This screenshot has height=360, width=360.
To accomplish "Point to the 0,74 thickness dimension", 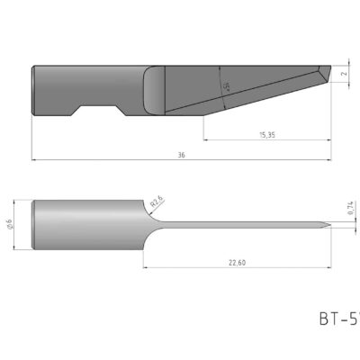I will pyautogui.click(x=349, y=209).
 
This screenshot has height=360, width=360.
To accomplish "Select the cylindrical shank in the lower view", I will pyautogui.click(x=85, y=224).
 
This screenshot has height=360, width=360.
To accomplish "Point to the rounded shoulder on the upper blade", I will pyautogui.click(x=154, y=90).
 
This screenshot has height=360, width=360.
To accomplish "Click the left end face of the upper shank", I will pyautogui.click(x=33, y=90).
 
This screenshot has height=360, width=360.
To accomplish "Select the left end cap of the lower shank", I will pyautogui.click(x=34, y=224).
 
